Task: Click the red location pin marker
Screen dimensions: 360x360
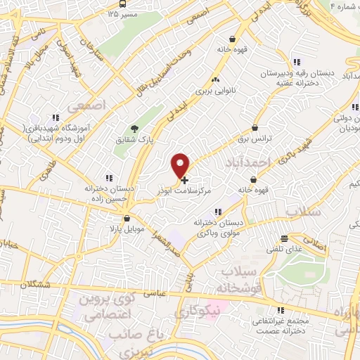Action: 181,165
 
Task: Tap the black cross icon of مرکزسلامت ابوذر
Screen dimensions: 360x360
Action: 184,181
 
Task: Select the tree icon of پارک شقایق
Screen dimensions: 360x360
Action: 134,129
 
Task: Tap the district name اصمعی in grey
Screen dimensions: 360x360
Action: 86,105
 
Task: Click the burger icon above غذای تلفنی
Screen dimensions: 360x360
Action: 283,238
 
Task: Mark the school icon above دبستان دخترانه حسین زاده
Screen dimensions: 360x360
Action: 108,178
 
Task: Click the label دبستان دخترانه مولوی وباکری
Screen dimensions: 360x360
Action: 219,226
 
